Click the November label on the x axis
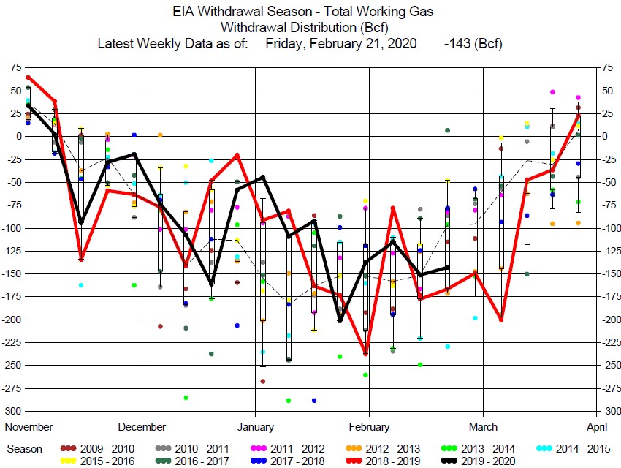pyautogui.click(x=28, y=426)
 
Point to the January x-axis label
pyautogui.click(x=255, y=426)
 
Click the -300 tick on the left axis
pyautogui.click(x=12, y=411)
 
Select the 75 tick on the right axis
pyautogui.click(x=607, y=67)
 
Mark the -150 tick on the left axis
pyautogui.click(x=12, y=273)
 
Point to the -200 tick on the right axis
pyautogui.click(x=611, y=320)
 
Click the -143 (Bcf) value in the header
pyautogui.click(x=473, y=43)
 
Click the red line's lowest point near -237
pyautogui.click(x=366, y=354)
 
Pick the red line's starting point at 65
pyautogui.click(x=28, y=77)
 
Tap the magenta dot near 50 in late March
pyautogui.click(x=552, y=92)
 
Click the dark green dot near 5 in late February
pyautogui.click(x=447, y=130)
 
